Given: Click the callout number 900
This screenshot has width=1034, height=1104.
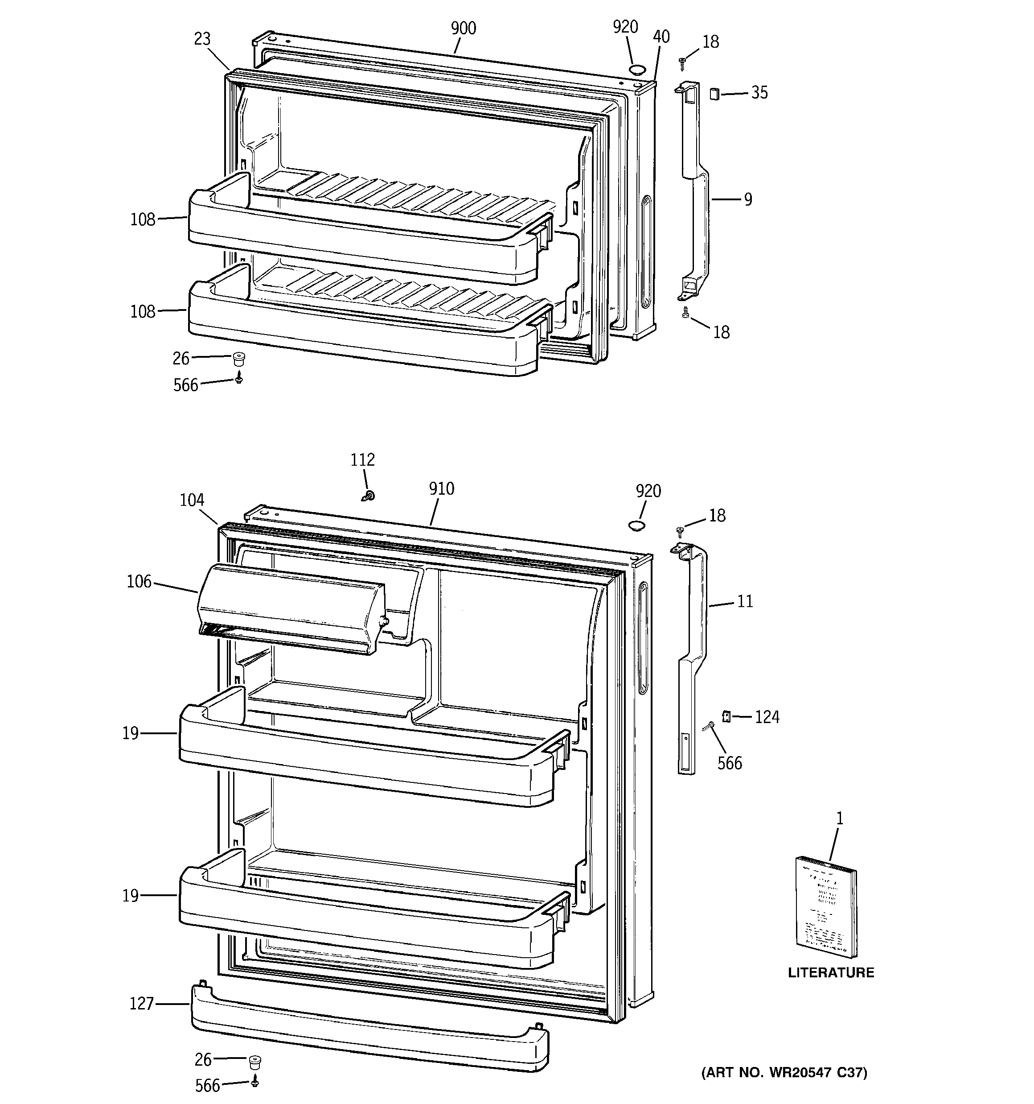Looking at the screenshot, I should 463,28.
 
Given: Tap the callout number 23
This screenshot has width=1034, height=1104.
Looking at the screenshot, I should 203,39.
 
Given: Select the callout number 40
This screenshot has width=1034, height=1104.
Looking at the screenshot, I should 661,37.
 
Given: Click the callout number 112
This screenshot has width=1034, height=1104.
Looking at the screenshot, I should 362,460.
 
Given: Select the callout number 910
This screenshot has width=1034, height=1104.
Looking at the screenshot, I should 441,489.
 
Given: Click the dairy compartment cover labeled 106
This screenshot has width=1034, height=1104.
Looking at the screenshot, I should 291,608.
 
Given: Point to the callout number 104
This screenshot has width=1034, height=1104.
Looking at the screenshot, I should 192,500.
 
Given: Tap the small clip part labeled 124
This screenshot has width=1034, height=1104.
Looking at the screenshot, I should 726,716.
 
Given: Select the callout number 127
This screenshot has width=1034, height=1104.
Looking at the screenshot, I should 141,1004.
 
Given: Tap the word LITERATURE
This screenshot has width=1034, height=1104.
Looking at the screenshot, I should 831,972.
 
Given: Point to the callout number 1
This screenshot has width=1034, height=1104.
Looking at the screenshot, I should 840,819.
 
